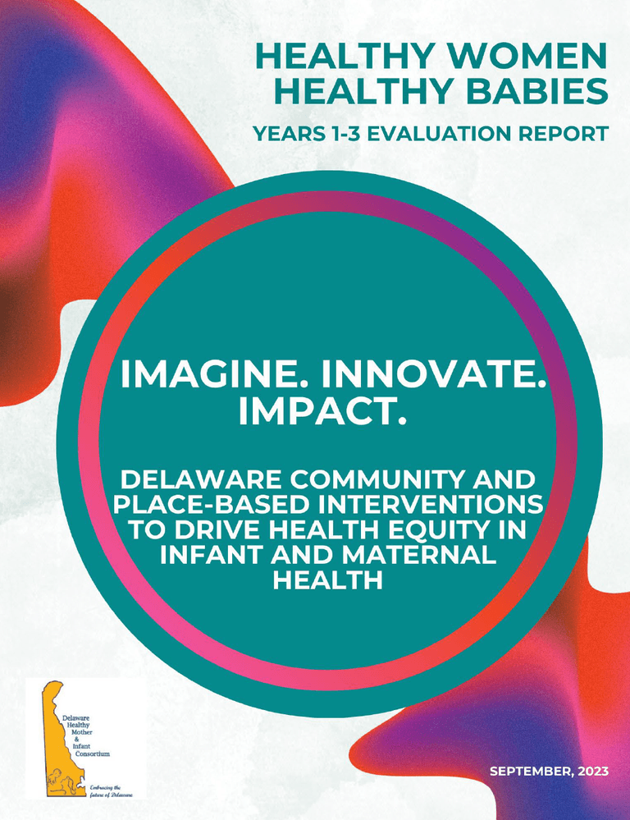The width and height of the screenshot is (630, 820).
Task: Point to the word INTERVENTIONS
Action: pos(442,503)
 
